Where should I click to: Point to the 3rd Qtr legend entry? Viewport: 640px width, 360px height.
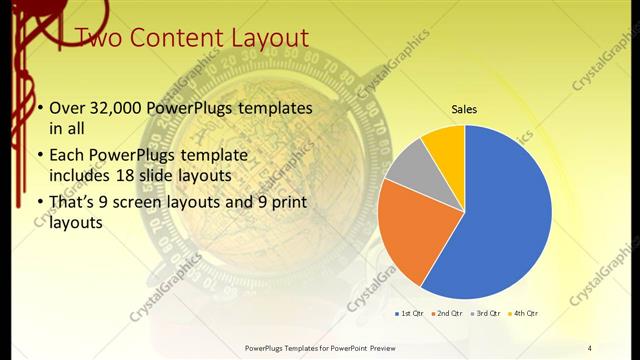pos(488,314)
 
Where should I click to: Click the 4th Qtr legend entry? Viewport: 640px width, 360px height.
pos(526,314)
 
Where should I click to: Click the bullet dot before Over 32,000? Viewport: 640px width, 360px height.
pos(39,108)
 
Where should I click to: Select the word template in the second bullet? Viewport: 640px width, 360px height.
pos(212,155)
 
